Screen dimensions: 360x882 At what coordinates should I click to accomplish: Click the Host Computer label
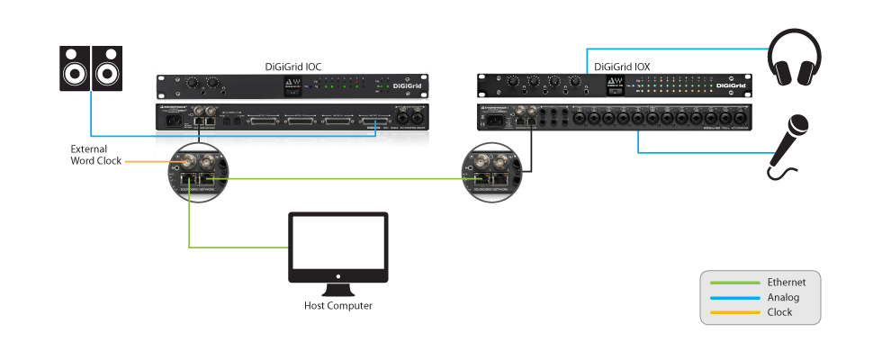pyautogui.click(x=337, y=306)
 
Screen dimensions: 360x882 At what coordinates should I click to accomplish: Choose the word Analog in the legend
pyautogui.click(x=783, y=297)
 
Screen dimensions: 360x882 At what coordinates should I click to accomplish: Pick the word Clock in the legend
pyautogui.click(x=780, y=312)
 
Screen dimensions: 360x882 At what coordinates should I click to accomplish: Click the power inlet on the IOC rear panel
pyautogui.click(x=167, y=120)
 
